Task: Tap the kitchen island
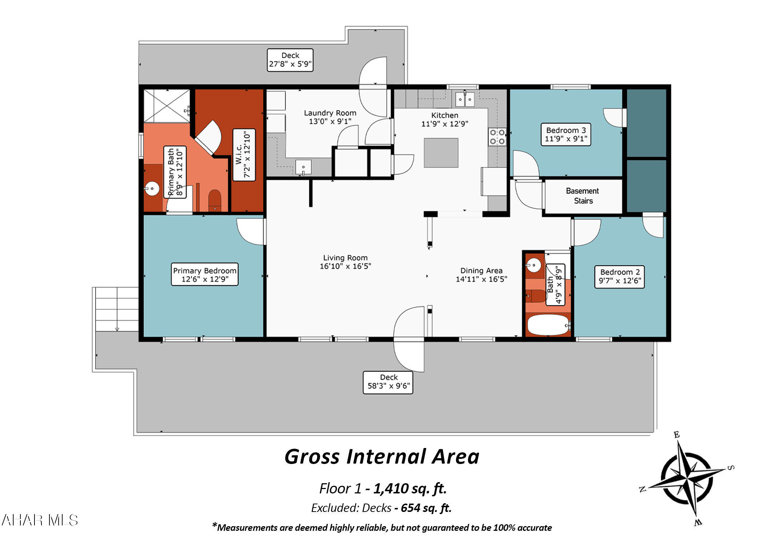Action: [x=441, y=153]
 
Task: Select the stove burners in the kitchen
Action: [x=497, y=137]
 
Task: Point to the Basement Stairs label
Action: [x=582, y=196]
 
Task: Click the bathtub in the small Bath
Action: [x=548, y=325]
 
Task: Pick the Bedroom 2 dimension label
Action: [x=619, y=277]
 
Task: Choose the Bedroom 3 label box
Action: [x=566, y=134]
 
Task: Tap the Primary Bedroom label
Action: [x=205, y=275]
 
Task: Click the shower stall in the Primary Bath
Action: [x=167, y=106]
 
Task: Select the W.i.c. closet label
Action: [x=244, y=155]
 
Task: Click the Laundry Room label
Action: [x=330, y=117]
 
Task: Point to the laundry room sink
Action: [x=303, y=167]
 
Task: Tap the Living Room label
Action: [x=345, y=262]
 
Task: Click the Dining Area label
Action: [x=481, y=275]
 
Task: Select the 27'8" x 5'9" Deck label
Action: [x=290, y=60]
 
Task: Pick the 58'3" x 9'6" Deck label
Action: [x=388, y=382]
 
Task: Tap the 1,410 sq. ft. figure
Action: [x=410, y=489]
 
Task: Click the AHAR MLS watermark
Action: [x=40, y=520]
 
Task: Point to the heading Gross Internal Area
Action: [x=382, y=457]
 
